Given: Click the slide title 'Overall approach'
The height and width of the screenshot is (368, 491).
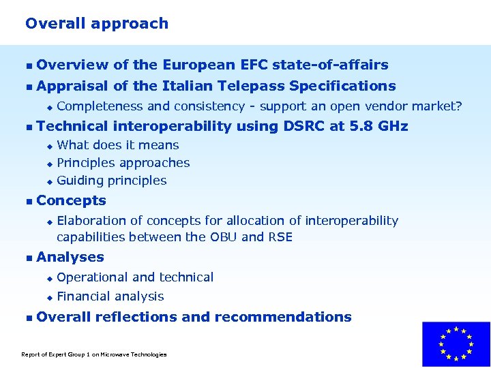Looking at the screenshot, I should click(96, 24).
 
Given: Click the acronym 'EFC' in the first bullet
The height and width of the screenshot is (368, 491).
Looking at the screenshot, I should click(254, 65).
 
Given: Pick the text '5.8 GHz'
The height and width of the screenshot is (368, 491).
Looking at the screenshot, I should click(381, 126).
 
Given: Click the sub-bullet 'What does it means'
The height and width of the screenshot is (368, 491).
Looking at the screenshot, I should click(118, 145).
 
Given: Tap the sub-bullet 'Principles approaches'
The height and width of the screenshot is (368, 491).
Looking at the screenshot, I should click(123, 163).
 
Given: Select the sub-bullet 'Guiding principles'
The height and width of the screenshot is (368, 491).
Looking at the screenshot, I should click(112, 181).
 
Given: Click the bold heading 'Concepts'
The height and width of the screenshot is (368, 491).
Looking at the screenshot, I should click(71, 200).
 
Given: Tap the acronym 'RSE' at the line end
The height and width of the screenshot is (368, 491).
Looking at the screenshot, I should click(280, 237).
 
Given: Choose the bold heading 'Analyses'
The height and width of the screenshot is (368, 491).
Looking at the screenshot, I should click(70, 258).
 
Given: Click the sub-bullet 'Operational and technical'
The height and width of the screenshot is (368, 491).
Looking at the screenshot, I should click(135, 277).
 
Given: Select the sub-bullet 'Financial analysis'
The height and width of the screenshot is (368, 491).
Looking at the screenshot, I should click(110, 296).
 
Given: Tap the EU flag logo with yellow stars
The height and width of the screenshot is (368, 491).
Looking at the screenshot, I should click(456, 344).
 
